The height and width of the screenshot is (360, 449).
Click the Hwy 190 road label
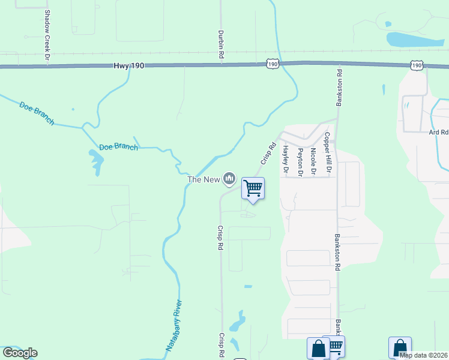[x=128, y=65]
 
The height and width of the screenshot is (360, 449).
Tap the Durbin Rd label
[x=221, y=44]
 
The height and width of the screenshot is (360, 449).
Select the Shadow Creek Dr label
[x=46, y=35]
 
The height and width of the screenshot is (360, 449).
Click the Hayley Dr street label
[x=286, y=160]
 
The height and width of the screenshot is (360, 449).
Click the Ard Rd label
[x=438, y=132]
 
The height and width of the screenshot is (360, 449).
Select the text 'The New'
[x=203, y=179]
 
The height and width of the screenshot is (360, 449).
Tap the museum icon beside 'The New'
[x=229, y=178]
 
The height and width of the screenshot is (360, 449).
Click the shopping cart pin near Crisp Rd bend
[x=253, y=188]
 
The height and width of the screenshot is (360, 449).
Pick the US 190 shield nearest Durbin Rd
[x=273, y=63]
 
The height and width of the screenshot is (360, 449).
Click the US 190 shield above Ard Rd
[x=417, y=64]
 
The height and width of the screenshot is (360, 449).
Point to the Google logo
[x=20, y=353]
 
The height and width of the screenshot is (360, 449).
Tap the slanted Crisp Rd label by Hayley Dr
[x=268, y=153]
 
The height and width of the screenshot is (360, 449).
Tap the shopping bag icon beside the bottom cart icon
[x=318, y=348]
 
